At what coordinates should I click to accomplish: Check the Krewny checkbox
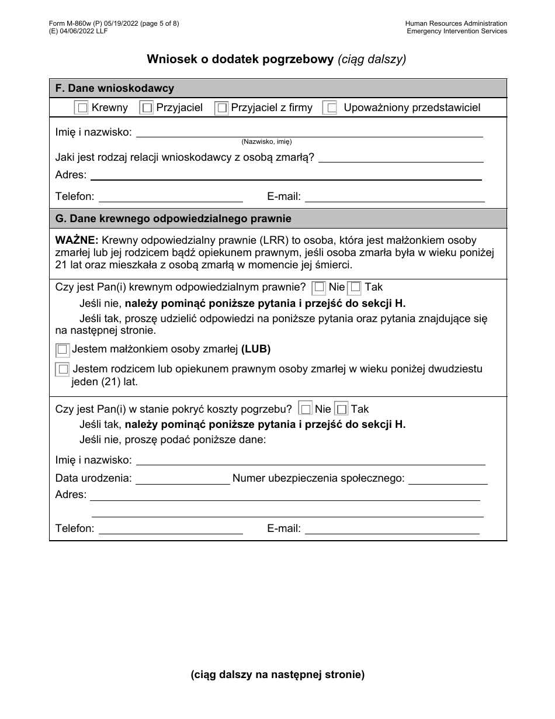tap(82, 108)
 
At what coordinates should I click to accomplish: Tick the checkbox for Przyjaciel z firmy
tap(222, 108)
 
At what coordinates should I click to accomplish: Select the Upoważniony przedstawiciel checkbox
tap(331, 108)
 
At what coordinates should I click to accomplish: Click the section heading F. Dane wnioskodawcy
tap(115, 88)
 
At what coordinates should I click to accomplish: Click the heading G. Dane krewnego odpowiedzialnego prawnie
tap(173, 219)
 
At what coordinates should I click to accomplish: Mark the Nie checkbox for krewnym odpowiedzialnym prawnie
tap(319, 287)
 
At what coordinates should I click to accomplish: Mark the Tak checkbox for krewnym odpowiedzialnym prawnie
tap(355, 288)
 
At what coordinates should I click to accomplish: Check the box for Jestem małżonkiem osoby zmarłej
tap(63, 350)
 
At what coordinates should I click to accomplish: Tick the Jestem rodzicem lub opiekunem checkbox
tap(63, 369)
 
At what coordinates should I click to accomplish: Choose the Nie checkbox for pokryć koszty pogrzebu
tap(306, 409)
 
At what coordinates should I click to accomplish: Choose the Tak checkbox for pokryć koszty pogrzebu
tap(342, 409)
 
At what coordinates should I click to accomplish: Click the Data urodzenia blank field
tap(182, 479)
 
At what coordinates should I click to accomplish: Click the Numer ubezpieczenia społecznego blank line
tap(448, 479)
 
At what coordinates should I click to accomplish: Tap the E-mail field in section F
tap(394, 197)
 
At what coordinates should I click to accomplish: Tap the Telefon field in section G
tap(171, 528)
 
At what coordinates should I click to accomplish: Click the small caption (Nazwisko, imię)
tap(266, 141)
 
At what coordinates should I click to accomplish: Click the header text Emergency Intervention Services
tap(457, 31)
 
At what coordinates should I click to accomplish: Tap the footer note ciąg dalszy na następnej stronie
tap(277, 675)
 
